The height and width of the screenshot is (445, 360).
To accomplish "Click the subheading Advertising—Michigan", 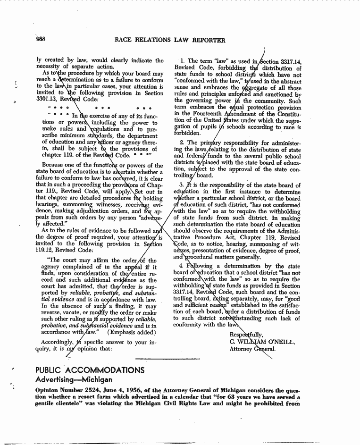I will point(75,379).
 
